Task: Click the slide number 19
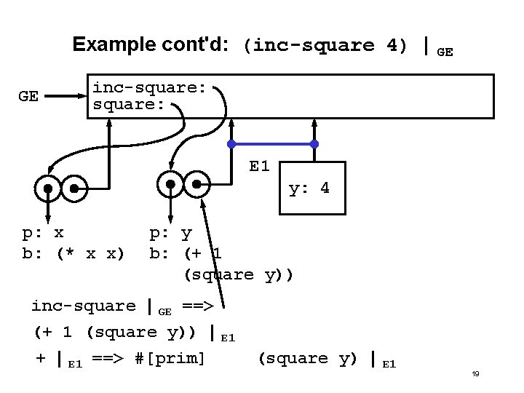tap(475, 373)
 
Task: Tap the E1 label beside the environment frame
tap(259, 167)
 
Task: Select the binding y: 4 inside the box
tap(309, 188)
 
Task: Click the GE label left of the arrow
tap(28, 96)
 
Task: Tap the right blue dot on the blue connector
tap(314, 143)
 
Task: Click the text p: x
tap(43, 234)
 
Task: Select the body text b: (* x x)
tap(74, 253)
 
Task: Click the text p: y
tap(171, 234)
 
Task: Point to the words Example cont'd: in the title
tap(152, 44)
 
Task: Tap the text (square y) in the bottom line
tap(309, 358)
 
